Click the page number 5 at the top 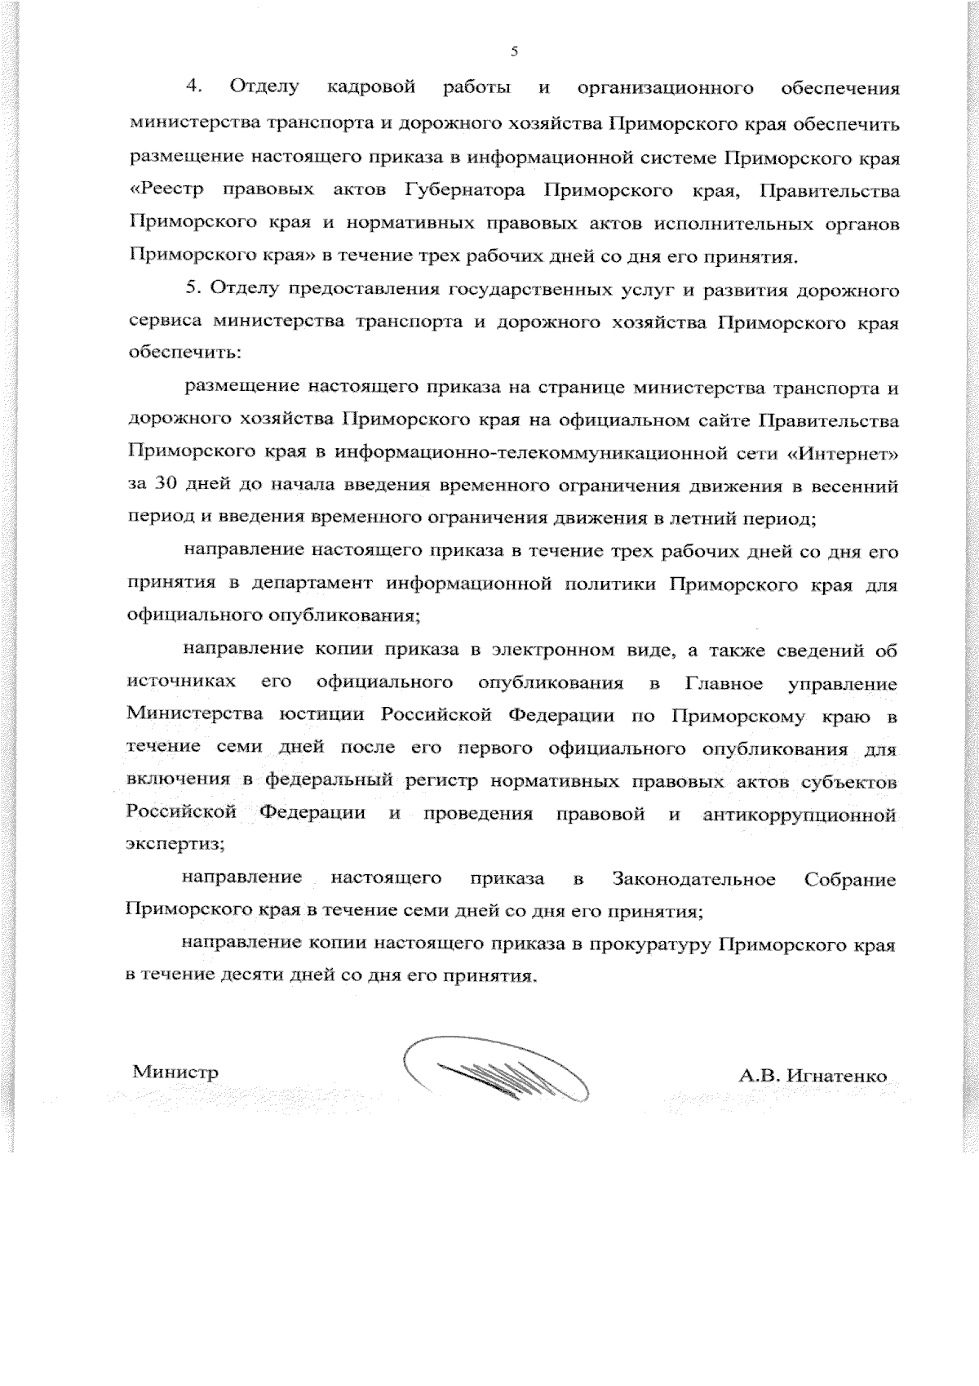(514, 51)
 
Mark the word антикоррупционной (800, 815)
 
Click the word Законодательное (693, 879)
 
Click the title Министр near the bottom (175, 1072)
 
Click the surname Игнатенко (836, 1076)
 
